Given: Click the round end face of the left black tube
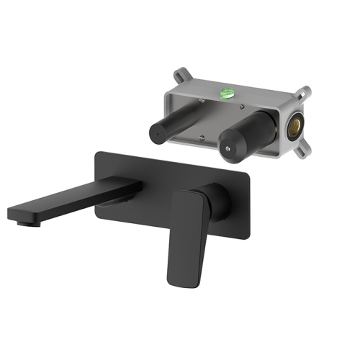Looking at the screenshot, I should tap(155, 133).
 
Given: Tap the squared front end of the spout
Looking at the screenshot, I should tap(16, 214).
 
